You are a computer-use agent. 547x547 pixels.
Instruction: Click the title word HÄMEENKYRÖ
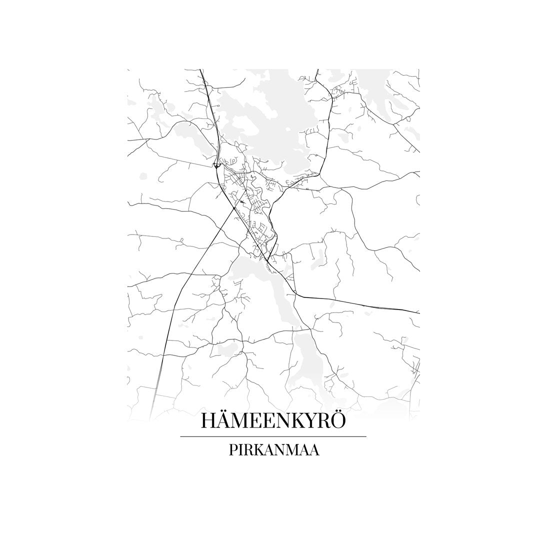point(273,420)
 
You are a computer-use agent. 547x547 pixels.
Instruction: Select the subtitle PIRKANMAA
point(274,449)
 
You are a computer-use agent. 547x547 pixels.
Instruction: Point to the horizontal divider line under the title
point(273,436)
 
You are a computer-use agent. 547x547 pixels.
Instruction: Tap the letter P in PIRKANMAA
point(233,449)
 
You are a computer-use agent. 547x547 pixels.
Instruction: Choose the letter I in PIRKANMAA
point(241,449)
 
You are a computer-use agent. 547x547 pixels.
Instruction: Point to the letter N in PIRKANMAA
point(283,449)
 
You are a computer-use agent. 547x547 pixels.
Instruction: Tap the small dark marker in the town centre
point(242,201)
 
